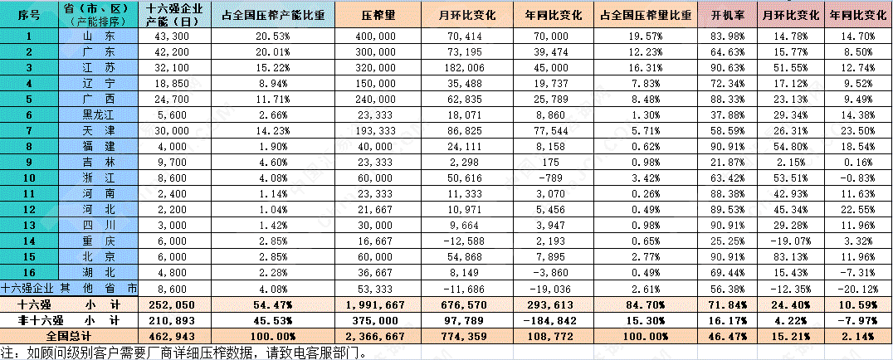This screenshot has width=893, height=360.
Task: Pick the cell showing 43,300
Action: (x=174, y=36)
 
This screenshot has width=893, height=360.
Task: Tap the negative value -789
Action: (x=555, y=177)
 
